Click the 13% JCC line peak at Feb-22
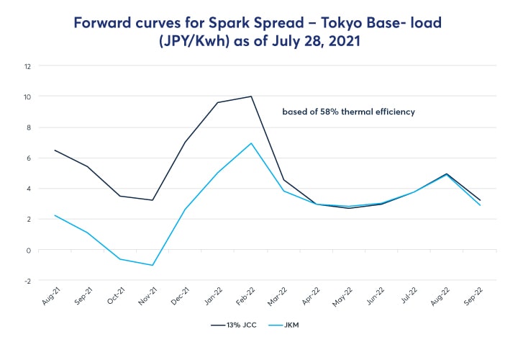coord(251,96)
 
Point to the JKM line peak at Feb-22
coord(251,143)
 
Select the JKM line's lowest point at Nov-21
coord(153,265)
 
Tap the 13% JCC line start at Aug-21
coord(55,150)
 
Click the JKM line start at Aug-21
coord(55,215)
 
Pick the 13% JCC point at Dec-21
coord(186,142)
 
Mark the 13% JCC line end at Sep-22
coord(480,200)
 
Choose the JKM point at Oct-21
coord(120,259)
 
